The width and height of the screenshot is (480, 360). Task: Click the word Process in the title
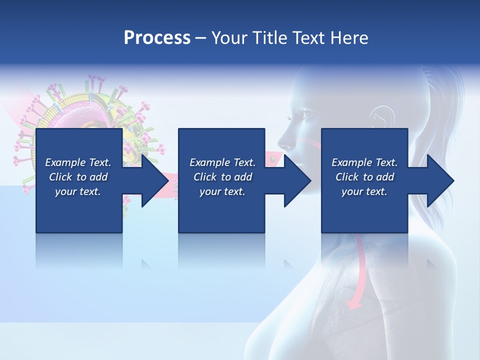(x=157, y=38)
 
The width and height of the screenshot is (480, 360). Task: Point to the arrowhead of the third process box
(x=438, y=180)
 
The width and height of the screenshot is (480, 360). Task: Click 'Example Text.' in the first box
(x=78, y=162)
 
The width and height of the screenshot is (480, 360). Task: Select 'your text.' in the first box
(x=78, y=191)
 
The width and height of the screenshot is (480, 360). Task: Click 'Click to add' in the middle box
(x=222, y=177)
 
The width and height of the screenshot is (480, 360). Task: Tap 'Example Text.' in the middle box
(x=222, y=162)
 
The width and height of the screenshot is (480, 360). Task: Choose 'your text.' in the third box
(x=364, y=191)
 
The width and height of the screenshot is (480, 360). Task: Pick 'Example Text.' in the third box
(x=364, y=162)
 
